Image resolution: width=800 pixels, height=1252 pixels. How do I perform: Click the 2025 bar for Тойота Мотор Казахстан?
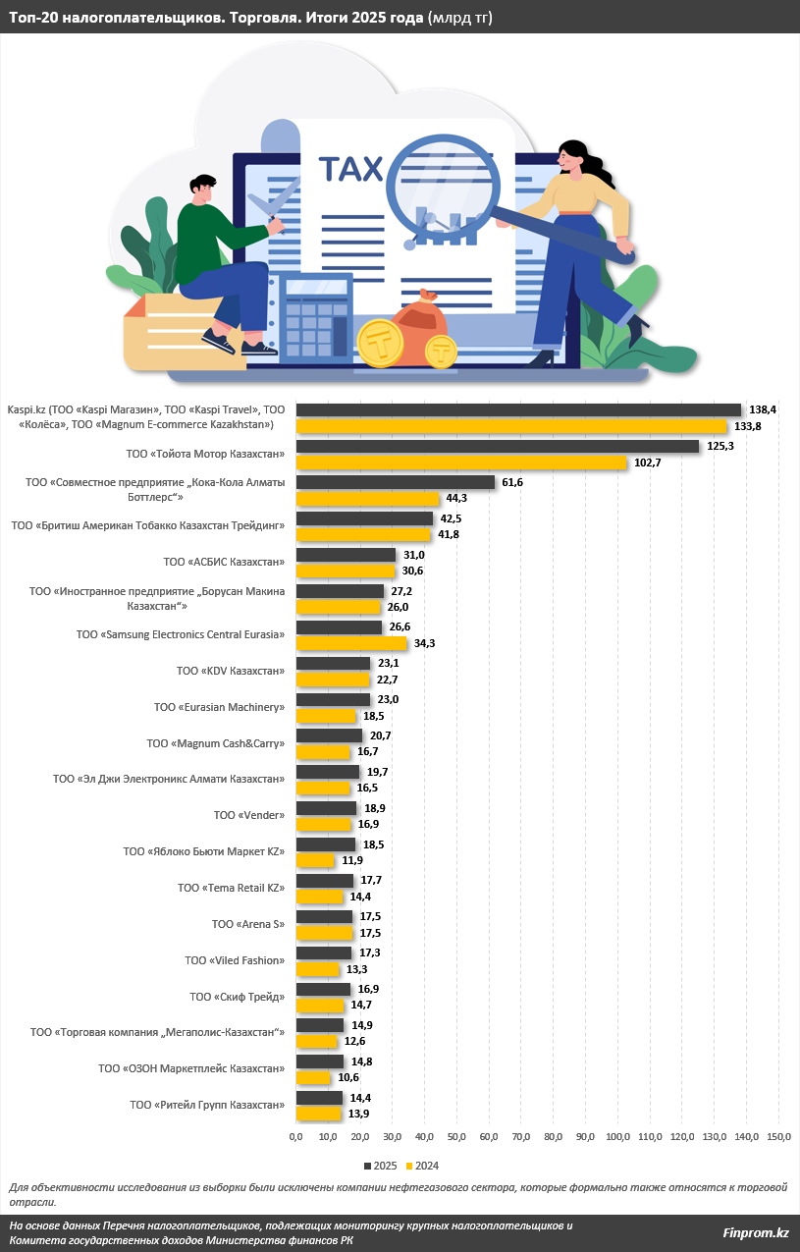[498, 446]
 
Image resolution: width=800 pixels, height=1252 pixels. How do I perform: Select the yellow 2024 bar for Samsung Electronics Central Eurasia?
[351, 643]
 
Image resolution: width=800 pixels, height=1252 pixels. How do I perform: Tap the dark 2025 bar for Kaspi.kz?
[518, 409]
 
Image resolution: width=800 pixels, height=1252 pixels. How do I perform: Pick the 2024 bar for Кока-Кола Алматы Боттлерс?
[367, 499]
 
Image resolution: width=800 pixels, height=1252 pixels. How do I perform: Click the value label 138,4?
[762, 408]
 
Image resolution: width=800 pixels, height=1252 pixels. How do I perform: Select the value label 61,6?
[514, 482]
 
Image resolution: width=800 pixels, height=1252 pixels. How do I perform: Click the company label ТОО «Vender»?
[248, 815]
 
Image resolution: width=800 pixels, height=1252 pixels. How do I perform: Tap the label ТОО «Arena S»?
[247, 924]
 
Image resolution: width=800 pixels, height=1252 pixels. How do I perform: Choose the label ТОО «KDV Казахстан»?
[230, 671]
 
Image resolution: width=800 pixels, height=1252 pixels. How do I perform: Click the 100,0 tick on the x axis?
[617, 1136]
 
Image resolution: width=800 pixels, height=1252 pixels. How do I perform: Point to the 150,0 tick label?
[778, 1136]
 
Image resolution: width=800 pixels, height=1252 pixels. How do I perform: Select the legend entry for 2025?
[382, 1165]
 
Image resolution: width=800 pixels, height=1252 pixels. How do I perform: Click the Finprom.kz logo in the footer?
[755, 1232]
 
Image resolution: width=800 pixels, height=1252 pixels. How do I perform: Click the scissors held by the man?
[265, 208]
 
